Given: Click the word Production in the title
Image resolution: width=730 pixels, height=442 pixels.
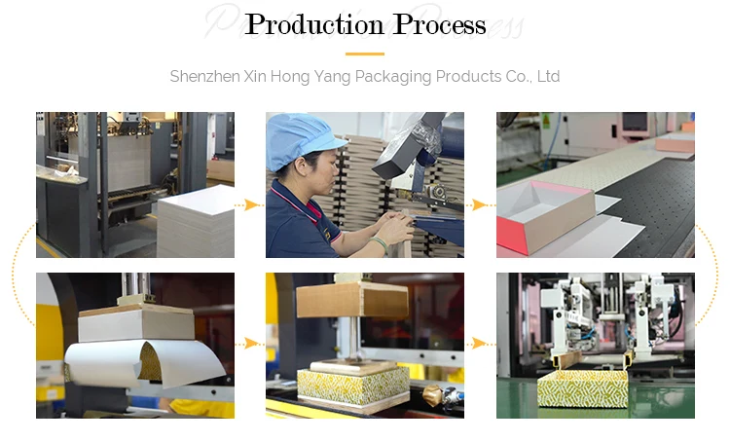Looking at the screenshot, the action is [x=310, y=25].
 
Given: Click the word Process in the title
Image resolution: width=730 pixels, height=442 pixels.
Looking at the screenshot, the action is [x=433, y=25].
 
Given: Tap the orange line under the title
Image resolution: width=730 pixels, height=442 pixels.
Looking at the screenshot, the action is [x=365, y=54].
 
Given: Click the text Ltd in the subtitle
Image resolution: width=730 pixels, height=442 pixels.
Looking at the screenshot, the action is [x=548, y=76].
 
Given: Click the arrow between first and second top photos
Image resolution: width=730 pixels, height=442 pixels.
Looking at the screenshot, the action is [x=250, y=204].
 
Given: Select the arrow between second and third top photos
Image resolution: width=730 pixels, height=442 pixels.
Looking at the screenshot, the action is [x=480, y=204].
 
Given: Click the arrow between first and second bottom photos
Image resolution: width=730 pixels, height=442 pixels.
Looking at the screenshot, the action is [x=250, y=343].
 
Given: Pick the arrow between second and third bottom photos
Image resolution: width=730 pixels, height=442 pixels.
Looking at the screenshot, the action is [x=480, y=343].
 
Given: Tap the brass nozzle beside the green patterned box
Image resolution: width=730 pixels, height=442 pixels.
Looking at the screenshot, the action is [x=430, y=396].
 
